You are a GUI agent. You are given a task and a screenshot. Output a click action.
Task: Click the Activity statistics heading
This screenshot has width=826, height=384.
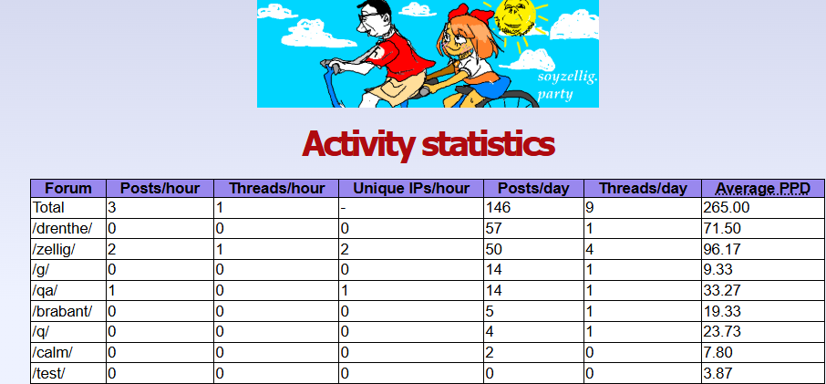tap(428, 144)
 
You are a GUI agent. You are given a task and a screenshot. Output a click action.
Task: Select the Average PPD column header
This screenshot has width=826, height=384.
tap(762, 188)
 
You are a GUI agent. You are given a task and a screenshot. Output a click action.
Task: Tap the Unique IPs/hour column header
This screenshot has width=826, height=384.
tap(411, 188)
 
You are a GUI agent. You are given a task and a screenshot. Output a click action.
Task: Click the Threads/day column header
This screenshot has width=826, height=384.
tap(643, 188)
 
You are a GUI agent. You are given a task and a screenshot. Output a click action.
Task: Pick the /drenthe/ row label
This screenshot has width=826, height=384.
tap(62, 229)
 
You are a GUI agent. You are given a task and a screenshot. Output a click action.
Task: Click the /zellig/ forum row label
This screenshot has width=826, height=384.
tap(54, 249)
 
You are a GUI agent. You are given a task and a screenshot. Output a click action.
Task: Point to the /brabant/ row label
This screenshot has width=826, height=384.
tap(62, 311)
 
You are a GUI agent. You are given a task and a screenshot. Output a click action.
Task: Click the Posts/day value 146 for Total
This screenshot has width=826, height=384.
tap(497, 208)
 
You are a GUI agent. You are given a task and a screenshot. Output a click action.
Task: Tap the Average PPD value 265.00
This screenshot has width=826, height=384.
tap(727, 208)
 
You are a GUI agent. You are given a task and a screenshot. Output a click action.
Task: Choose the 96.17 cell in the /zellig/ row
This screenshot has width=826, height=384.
tap(722, 249)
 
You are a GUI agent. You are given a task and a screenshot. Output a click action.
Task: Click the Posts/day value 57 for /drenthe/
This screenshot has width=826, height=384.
tap(493, 228)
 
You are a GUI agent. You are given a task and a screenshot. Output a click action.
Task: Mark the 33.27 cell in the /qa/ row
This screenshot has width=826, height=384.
tap(722, 290)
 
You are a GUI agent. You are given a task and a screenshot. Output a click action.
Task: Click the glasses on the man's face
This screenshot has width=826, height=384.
tap(366, 16)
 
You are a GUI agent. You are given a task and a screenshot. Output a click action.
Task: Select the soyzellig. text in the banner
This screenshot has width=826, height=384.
tap(567, 78)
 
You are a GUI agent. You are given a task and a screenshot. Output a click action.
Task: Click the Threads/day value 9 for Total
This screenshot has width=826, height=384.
tap(590, 208)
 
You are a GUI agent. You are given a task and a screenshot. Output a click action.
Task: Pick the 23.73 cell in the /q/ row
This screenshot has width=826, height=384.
tap(722, 331)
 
